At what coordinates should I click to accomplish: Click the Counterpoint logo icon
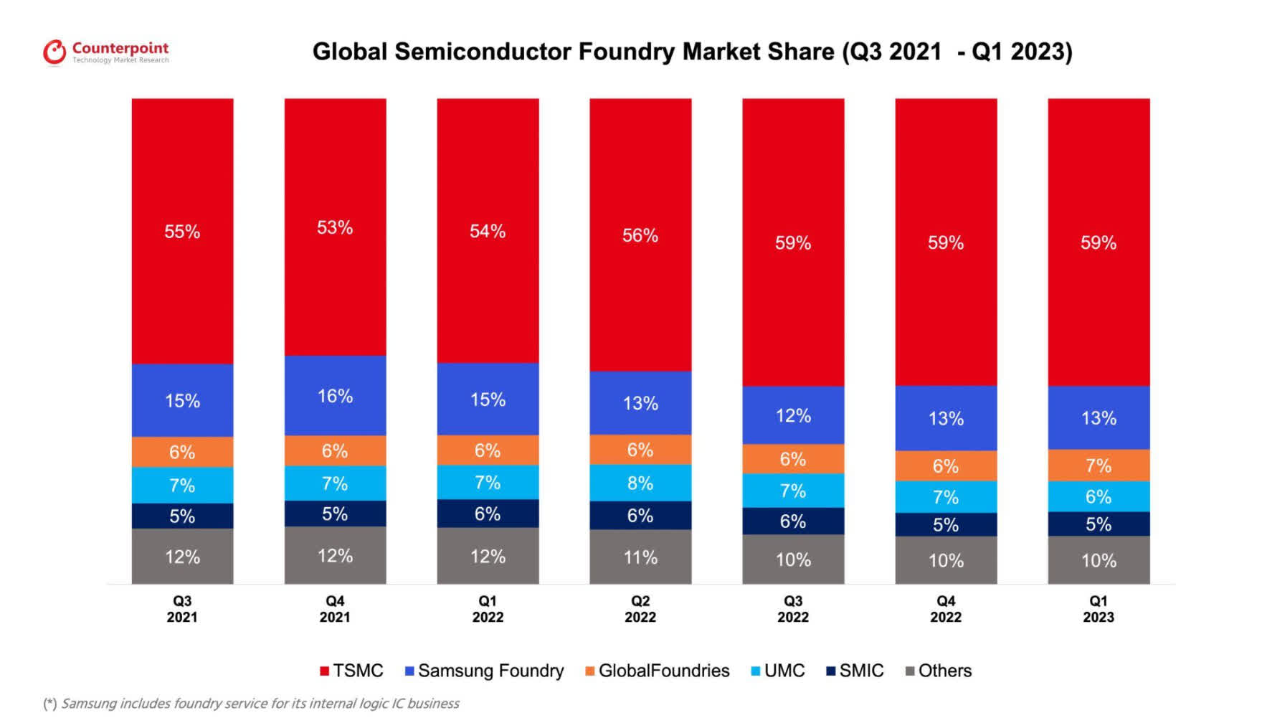coord(54,52)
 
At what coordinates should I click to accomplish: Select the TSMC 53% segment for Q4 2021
coord(335,227)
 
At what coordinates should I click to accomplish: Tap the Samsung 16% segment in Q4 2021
coord(335,396)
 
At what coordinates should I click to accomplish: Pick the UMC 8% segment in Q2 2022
coord(640,483)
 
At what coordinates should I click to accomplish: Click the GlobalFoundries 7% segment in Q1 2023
coord(1099,466)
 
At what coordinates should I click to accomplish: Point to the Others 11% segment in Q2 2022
coord(640,557)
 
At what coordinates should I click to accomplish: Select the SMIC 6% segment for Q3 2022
coord(793,521)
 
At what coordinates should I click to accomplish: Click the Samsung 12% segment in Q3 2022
coord(793,415)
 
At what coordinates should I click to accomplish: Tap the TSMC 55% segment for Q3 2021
coord(182,232)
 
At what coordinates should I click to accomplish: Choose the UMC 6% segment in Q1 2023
coord(1099,496)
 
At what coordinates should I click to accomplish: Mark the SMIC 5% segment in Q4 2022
coord(946,524)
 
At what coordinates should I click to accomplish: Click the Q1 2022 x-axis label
coord(488,609)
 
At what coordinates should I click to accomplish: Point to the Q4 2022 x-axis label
coord(946,609)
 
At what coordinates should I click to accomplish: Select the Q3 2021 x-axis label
coord(182,609)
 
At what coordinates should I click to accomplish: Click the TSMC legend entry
coord(352,671)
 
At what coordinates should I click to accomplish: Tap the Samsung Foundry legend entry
coord(485,671)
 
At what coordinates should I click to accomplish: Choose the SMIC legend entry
coord(855,671)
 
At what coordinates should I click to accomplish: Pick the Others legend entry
coord(939,671)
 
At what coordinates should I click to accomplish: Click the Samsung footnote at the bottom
coord(252,704)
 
